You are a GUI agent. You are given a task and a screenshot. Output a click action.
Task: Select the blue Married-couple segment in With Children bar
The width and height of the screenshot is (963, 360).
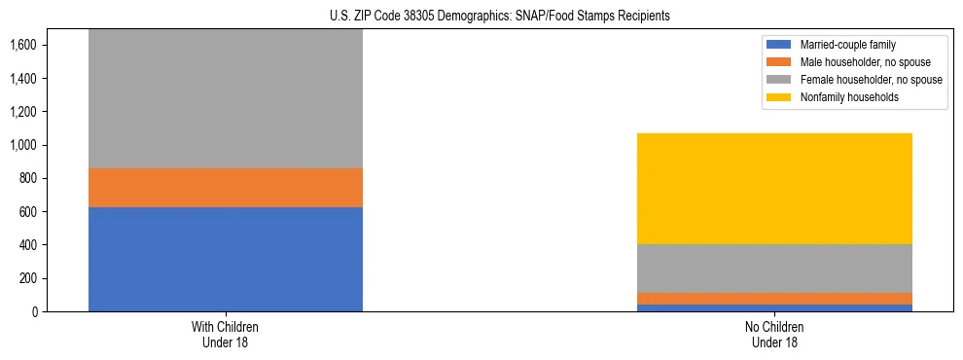(226, 259)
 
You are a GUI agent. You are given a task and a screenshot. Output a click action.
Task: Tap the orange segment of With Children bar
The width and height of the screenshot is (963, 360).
(226, 188)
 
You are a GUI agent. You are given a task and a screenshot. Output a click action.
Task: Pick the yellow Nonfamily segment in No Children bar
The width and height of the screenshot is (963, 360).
(775, 189)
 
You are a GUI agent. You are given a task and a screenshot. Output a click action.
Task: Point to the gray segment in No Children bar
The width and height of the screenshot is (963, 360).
(775, 269)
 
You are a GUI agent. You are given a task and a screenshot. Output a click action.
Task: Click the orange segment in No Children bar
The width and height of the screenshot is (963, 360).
(775, 299)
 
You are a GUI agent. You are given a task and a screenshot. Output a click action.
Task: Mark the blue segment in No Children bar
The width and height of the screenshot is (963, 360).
(775, 307)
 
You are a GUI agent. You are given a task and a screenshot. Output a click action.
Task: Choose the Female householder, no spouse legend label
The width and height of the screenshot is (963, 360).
(871, 80)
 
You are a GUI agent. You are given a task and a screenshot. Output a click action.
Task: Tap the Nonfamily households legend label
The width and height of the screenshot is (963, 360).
(842, 97)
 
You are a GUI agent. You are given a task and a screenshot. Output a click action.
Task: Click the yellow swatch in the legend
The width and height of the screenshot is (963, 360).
(779, 97)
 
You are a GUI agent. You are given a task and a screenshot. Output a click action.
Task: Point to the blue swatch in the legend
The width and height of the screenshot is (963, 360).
(779, 45)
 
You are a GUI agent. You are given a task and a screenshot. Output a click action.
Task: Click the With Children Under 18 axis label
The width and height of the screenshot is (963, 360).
(226, 334)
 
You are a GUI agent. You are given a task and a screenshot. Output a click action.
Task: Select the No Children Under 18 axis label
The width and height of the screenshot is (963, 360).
(775, 334)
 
